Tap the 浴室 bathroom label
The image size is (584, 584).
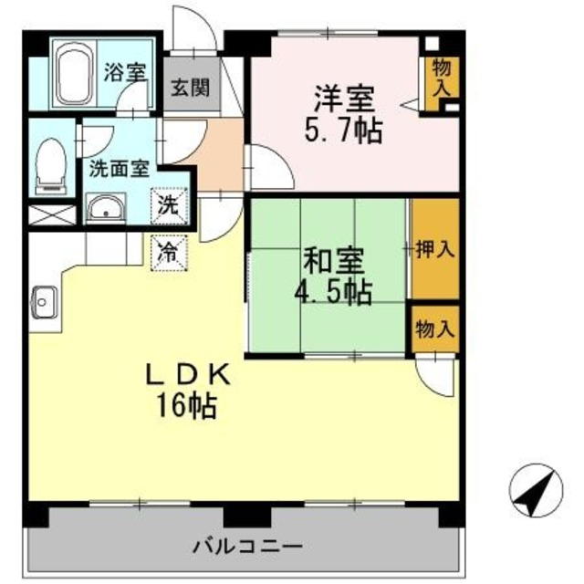(124, 73)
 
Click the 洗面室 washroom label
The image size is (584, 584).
(119, 169)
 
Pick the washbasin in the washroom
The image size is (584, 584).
(109, 209)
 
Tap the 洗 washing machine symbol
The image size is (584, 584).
(171, 203)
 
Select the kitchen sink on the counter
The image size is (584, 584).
(43, 298)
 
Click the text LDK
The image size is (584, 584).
(194, 374)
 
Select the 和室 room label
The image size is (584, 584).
(333, 262)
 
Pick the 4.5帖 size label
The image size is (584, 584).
(335, 294)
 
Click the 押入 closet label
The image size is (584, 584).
(434, 249)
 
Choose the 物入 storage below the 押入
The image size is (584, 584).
(434, 330)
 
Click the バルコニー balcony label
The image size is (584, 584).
(247, 547)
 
